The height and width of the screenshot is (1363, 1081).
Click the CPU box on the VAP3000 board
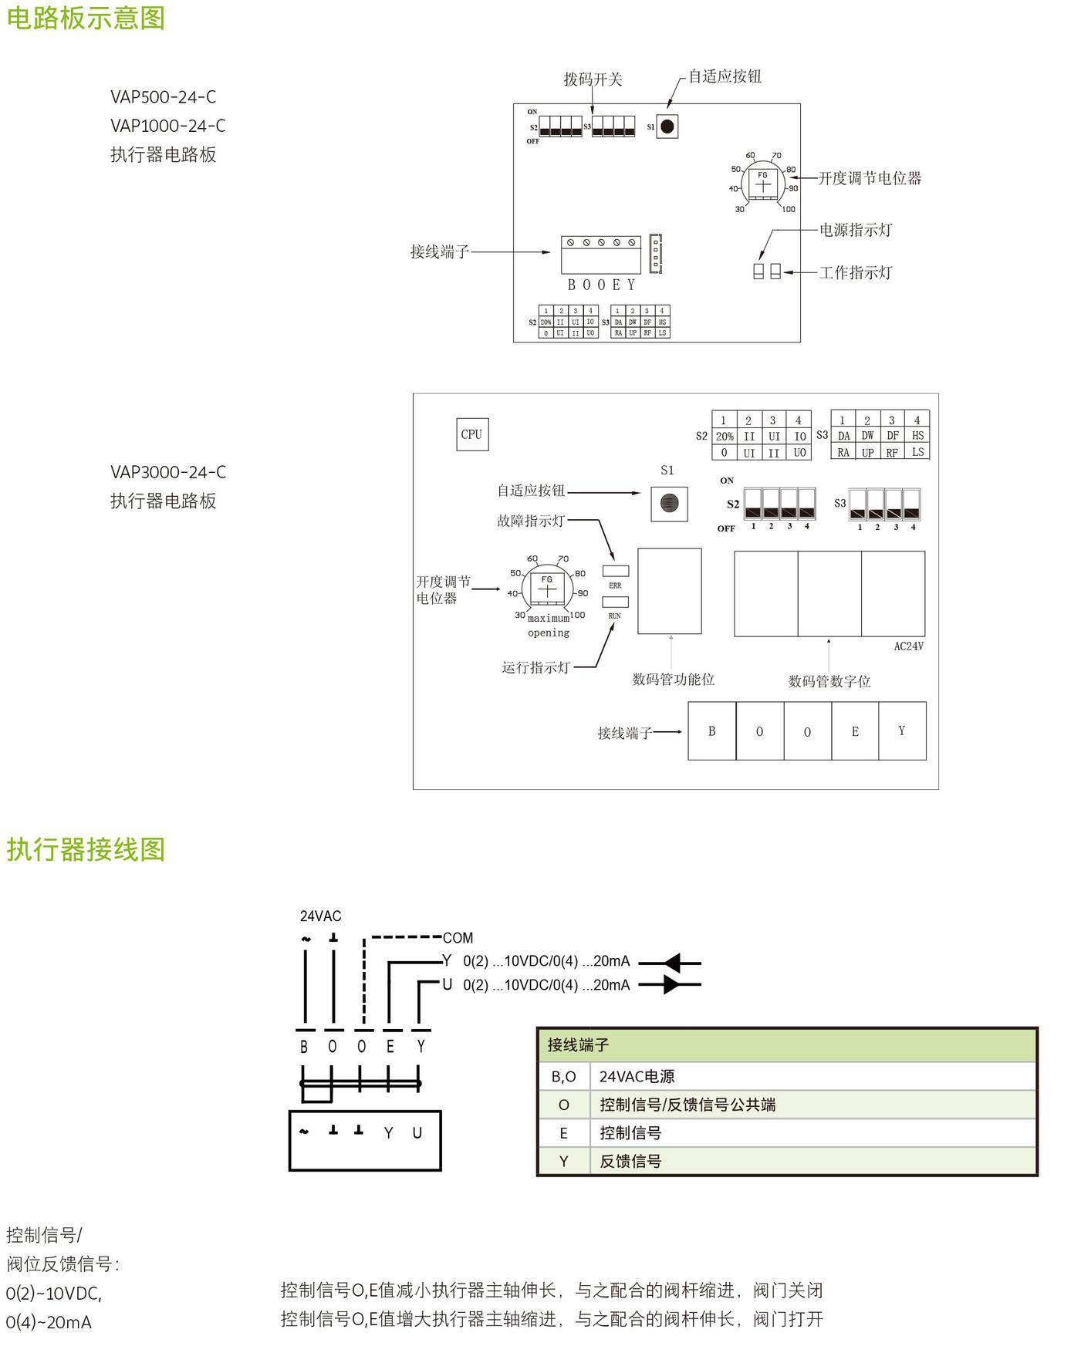tap(471, 434)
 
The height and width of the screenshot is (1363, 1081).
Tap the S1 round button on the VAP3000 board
tap(669, 503)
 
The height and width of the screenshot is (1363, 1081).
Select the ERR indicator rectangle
tap(615, 571)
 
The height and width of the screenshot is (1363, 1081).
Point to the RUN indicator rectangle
tap(615, 602)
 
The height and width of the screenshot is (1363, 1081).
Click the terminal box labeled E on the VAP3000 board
tap(855, 731)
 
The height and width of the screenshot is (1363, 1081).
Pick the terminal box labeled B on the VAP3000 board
tap(711, 731)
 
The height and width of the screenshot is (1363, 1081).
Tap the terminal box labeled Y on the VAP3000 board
tap(902, 731)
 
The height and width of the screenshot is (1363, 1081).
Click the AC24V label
tap(908, 646)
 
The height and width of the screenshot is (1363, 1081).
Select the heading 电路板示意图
tap(86, 18)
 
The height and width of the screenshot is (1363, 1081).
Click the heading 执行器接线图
tap(86, 849)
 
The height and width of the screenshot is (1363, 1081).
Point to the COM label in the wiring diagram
tap(458, 938)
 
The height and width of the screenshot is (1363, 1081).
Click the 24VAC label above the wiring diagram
tap(320, 916)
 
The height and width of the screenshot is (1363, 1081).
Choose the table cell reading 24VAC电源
tap(637, 1077)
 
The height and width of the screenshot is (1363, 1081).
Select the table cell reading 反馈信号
tap(630, 1162)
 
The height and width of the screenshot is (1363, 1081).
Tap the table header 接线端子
tap(578, 1045)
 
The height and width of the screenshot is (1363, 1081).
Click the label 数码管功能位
tap(673, 680)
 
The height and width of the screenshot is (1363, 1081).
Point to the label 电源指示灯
tap(855, 230)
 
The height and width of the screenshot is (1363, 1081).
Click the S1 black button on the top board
tap(667, 127)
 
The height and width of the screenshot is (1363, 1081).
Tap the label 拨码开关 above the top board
tap(593, 79)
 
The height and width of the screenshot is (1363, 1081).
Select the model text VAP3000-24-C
tap(168, 472)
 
